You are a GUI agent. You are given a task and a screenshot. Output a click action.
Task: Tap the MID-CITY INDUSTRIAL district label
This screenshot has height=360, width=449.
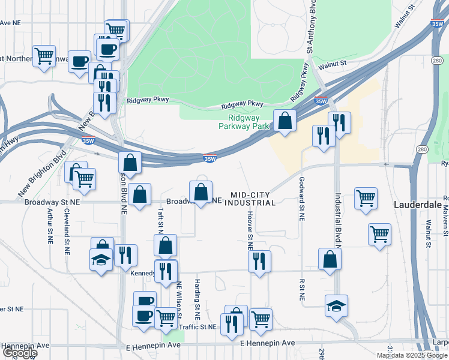pyautogui.click(x=253, y=199)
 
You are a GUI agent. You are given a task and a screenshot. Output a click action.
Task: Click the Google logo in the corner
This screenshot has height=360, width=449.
pyautogui.click(x=19, y=353)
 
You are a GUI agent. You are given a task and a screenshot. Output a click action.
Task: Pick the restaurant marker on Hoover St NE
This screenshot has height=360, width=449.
pyautogui.click(x=259, y=262)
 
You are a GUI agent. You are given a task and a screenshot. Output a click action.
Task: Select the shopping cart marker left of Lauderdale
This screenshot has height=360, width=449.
pyautogui.click(x=366, y=199)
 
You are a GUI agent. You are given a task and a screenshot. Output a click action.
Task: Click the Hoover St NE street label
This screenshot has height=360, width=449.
pyautogui.click(x=250, y=229)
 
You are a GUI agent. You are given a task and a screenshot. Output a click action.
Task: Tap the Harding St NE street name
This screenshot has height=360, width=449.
pyautogui.click(x=197, y=298)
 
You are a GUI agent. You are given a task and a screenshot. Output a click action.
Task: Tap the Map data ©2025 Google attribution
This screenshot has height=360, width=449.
pyautogui.click(x=412, y=355)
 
